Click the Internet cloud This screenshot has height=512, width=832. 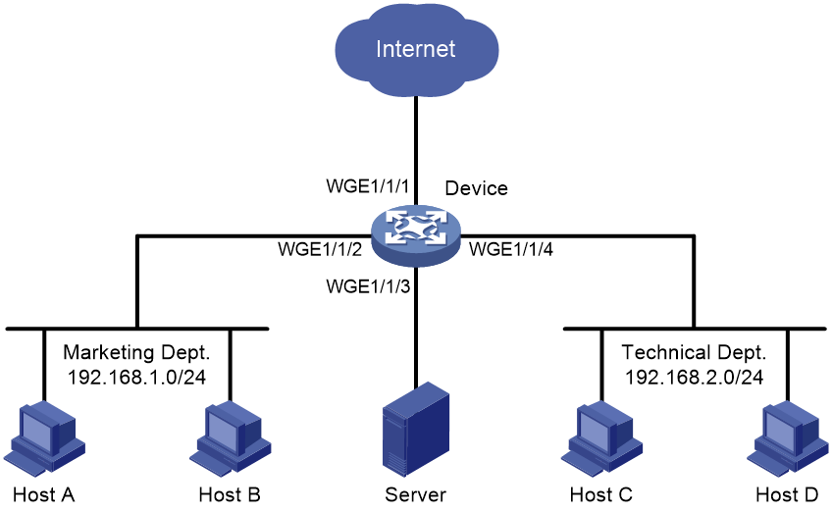tap(417, 50)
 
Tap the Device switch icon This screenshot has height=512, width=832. tap(416, 235)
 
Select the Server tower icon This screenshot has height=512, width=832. tap(416, 430)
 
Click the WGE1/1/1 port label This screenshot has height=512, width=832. tap(368, 186)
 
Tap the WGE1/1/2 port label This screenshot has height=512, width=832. tap(320, 249)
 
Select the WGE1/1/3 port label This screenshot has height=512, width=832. tap(368, 286)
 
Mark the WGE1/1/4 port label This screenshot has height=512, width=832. tap(511, 249)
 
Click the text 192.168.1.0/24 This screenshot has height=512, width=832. tap(137, 377)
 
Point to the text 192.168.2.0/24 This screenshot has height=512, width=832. tap(694, 377)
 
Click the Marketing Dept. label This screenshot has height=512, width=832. tap(137, 353)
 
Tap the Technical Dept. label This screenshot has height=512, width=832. tap(694, 352)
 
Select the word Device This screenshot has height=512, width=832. tap(477, 188)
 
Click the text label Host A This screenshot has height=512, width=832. tap(43, 494)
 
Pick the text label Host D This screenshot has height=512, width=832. tap(788, 494)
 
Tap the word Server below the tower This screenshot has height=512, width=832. tap(415, 494)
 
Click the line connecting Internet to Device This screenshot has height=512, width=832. tap(416, 150)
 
